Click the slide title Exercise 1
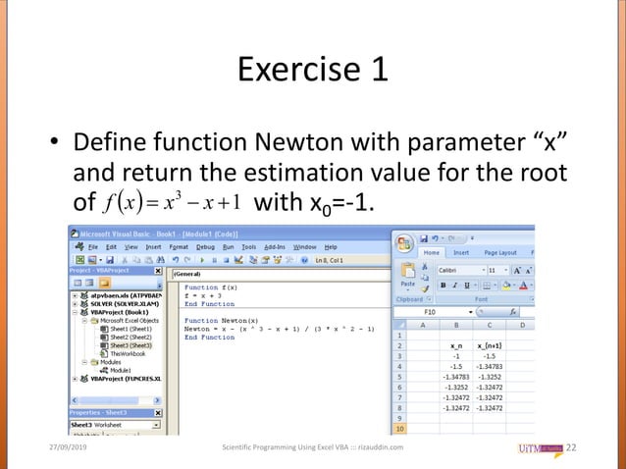[x=313, y=70]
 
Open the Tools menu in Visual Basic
[x=248, y=247]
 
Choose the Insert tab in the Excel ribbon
[x=460, y=252]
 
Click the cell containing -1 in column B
[x=454, y=356]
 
